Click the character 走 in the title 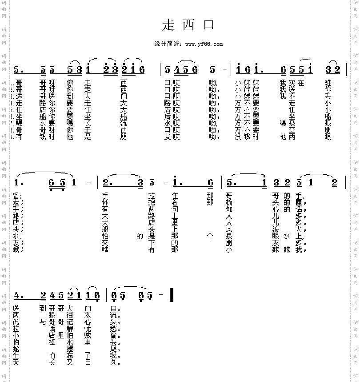[x=168, y=24]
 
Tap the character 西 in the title [x=188, y=24]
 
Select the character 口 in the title [x=209, y=24]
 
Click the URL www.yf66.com [x=204, y=44]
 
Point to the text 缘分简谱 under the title [x=168, y=44]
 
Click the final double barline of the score [x=171, y=295]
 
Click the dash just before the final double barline [x=161, y=295]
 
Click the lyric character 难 [x=328, y=83]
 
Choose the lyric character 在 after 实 [x=301, y=83]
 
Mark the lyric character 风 [x=228, y=229]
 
